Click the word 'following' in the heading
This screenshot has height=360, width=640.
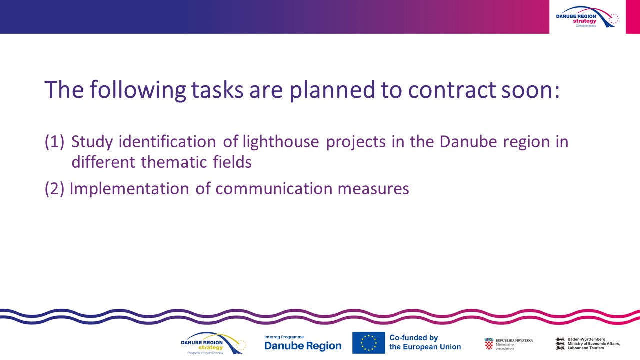click(138, 90)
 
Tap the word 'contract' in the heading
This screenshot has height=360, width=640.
click(452, 90)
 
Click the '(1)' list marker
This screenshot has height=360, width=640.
click(54, 142)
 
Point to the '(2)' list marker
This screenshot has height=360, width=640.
click(54, 189)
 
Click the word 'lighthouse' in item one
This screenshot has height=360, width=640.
click(281, 142)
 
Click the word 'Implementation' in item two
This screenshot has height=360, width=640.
click(129, 189)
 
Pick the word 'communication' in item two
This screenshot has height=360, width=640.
click(274, 189)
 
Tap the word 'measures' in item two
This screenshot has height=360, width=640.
click(373, 189)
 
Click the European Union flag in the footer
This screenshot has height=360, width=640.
click(368, 343)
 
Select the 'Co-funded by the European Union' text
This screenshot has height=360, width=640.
click(425, 342)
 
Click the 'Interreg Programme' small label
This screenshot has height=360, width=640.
click(284, 337)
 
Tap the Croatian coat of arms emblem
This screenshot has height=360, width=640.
click(489, 343)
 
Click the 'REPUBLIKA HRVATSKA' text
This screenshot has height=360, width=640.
click(514, 341)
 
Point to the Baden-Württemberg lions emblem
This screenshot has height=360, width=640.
click(560, 343)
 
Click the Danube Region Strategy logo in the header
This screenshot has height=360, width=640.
click(587, 17)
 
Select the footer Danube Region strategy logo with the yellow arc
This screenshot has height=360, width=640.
click(213, 343)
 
